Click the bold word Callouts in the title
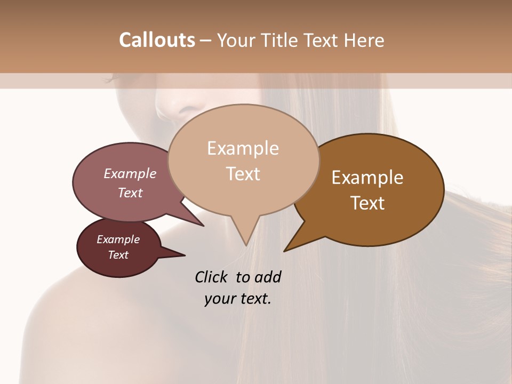157,40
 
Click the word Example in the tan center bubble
243,148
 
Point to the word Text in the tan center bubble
243,174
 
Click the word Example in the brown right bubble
367,178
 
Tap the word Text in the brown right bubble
367,203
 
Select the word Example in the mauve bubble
130,174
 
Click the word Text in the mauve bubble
130,193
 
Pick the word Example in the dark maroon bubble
118,239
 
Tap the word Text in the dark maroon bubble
118,255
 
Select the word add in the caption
268,277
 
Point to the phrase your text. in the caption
238,299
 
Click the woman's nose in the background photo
170,107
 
